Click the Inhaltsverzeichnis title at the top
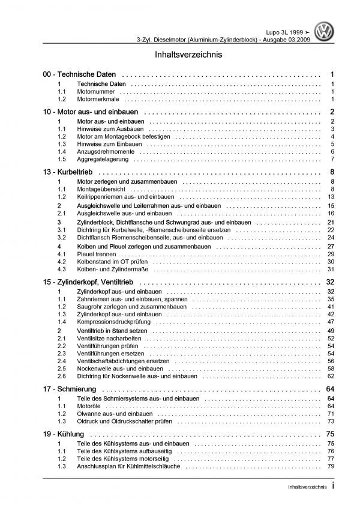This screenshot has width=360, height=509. [180, 54]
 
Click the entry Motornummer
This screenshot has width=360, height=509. [96, 91]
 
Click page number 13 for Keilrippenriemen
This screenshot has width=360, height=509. [331, 197]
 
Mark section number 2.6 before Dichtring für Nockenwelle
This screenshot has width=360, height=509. [62, 376]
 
